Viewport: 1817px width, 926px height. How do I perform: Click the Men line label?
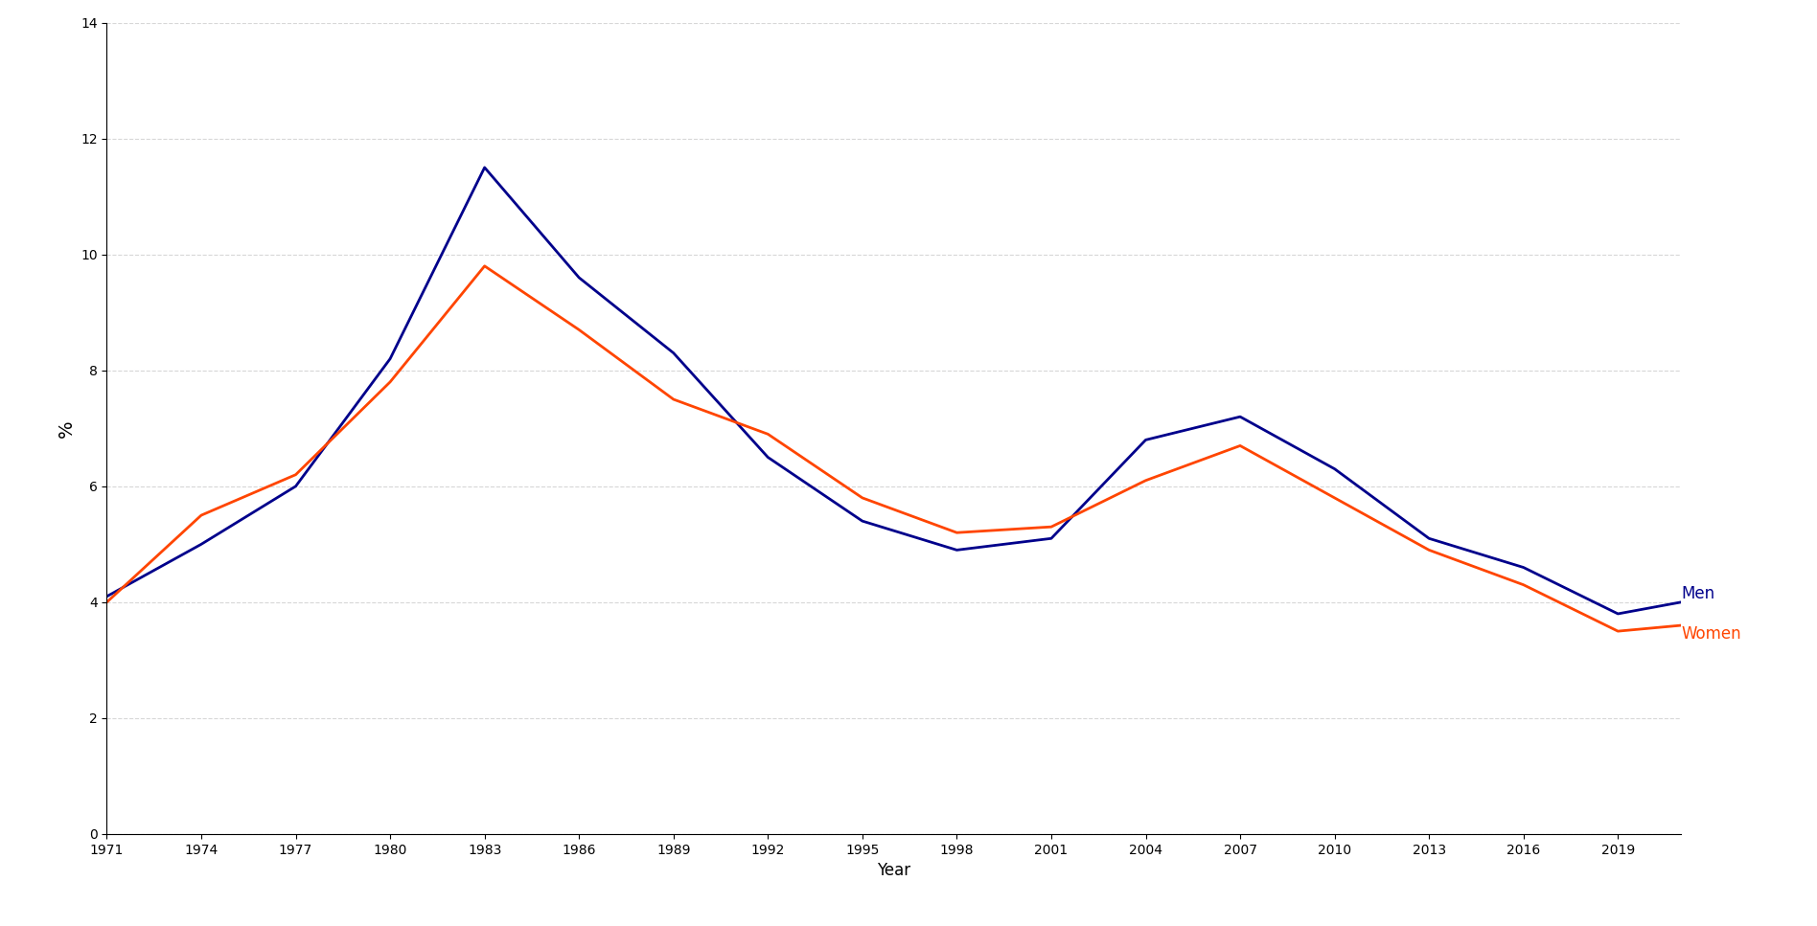(x=1697, y=594)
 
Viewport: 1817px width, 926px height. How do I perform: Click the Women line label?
(x=1711, y=634)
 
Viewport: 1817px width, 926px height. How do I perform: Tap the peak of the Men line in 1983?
(x=484, y=168)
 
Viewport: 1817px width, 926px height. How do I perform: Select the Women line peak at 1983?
(x=484, y=266)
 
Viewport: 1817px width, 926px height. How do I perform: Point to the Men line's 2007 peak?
(x=1239, y=417)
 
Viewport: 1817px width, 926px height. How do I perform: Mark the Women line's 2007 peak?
(x=1239, y=445)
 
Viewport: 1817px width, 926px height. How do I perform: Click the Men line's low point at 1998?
(x=956, y=550)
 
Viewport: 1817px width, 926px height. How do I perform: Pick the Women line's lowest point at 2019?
(x=1618, y=631)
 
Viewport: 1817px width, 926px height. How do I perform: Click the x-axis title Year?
(x=893, y=870)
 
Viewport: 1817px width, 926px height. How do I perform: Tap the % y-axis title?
(x=65, y=429)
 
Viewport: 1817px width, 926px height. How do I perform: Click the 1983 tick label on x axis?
(x=484, y=850)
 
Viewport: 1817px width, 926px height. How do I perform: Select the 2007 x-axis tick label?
(x=1239, y=850)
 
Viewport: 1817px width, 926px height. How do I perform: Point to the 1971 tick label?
(x=106, y=850)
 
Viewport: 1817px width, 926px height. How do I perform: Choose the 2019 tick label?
(x=1618, y=850)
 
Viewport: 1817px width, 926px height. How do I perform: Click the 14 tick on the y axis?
(x=89, y=23)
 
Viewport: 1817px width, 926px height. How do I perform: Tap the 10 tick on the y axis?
(x=89, y=255)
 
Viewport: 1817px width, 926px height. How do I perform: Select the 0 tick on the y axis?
(x=93, y=834)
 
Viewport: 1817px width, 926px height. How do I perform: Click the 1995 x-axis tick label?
(x=862, y=850)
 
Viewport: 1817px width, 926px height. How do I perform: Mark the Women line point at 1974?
(x=201, y=515)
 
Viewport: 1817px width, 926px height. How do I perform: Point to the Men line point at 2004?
(x=1145, y=440)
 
